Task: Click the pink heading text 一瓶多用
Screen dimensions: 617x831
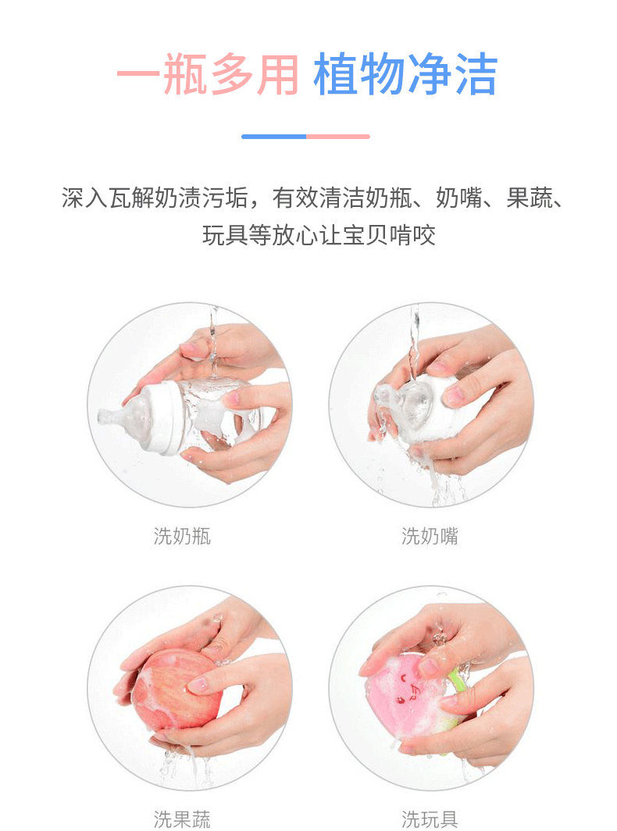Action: click(209, 75)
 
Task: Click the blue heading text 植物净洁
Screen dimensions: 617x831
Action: click(406, 75)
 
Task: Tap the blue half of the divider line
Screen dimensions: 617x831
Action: click(273, 137)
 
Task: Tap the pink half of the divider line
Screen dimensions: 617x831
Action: click(338, 137)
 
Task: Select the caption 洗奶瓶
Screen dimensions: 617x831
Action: click(182, 536)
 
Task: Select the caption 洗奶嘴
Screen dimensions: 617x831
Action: click(430, 536)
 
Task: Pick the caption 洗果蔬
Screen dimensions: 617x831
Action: click(182, 819)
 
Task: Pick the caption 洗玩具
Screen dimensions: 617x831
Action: click(430, 819)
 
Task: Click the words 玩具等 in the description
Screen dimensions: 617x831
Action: click(237, 235)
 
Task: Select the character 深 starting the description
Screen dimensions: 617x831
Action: click(73, 198)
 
